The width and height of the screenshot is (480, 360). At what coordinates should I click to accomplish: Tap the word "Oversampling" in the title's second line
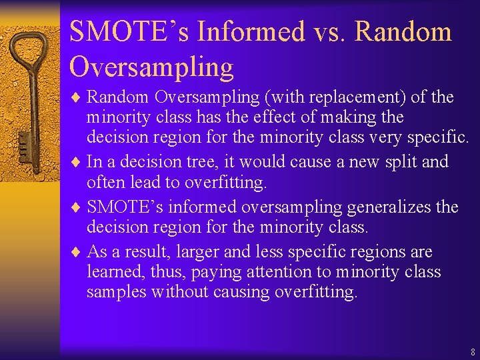click(151, 67)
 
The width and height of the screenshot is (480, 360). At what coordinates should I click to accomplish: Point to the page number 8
click(472, 351)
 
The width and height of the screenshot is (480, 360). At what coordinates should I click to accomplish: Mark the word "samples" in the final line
click(117, 291)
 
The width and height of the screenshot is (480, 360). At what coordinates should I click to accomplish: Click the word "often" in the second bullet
click(106, 181)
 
